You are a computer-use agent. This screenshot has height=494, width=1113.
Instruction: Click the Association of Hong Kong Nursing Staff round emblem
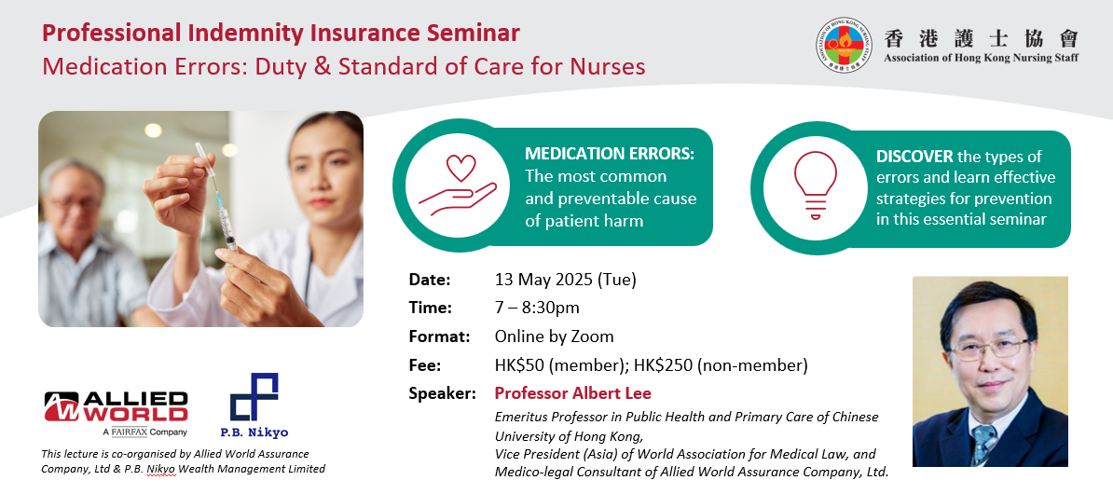click(x=844, y=45)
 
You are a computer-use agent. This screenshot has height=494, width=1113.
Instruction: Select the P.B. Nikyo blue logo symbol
click(x=254, y=397)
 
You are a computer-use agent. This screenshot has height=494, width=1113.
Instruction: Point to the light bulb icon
click(x=815, y=185)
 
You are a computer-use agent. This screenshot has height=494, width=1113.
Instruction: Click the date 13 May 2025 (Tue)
click(x=565, y=280)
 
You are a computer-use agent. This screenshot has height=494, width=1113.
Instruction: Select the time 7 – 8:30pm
click(x=537, y=308)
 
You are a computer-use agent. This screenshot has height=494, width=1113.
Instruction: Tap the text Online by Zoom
click(x=554, y=336)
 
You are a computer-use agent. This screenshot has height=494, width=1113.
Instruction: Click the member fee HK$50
click(x=519, y=365)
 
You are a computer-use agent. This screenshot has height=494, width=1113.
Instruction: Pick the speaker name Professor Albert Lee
click(x=572, y=393)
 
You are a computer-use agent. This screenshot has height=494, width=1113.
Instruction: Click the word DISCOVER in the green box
click(x=914, y=157)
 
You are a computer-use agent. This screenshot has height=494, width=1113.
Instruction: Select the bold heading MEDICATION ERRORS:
click(x=609, y=154)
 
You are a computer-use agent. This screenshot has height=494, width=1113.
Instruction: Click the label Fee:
click(x=424, y=365)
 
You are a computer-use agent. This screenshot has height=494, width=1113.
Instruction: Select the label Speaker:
click(x=442, y=394)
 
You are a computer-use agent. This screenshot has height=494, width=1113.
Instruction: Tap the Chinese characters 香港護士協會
click(x=981, y=37)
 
